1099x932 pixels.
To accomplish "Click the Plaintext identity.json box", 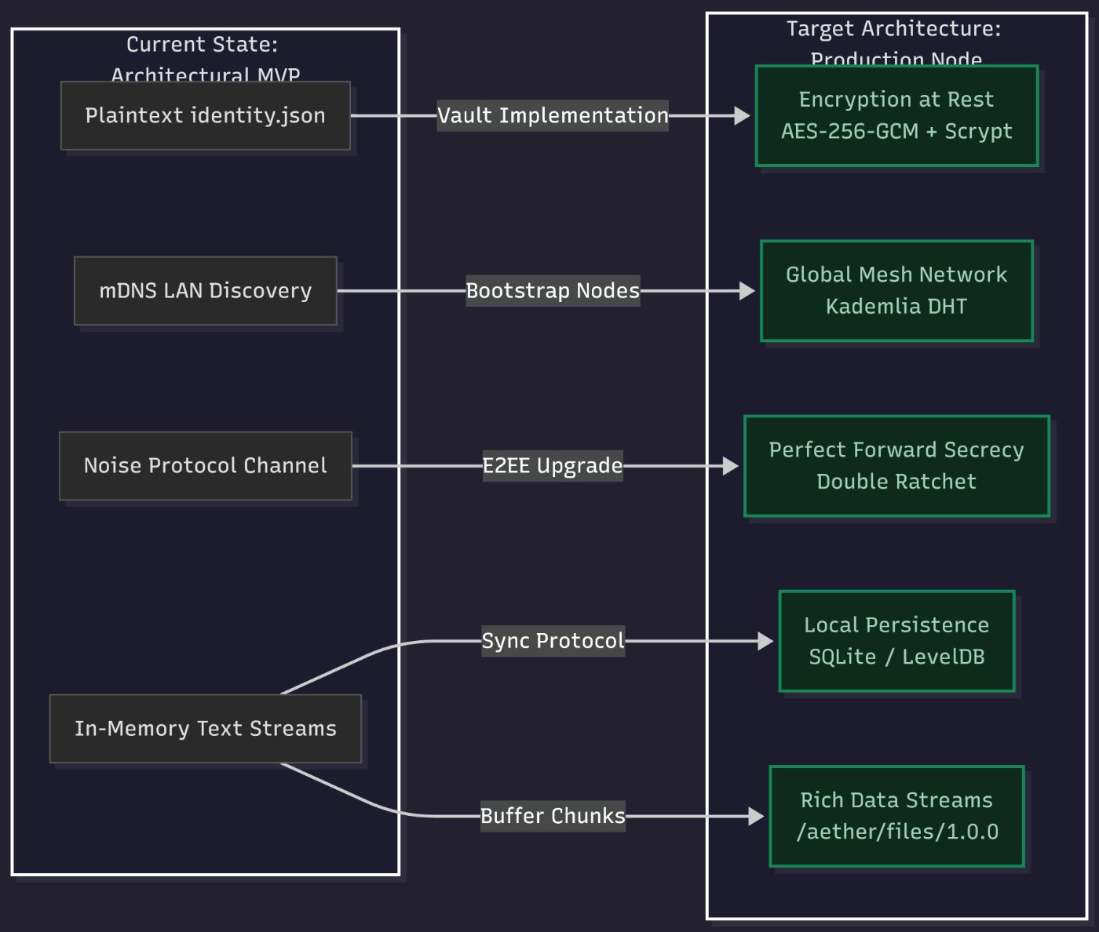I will (205, 115).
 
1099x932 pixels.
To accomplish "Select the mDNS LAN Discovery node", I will (205, 290).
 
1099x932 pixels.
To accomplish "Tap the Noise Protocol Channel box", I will (205, 465).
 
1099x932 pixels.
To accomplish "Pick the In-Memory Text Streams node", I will (205, 728).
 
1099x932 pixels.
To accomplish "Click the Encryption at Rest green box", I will (896, 115).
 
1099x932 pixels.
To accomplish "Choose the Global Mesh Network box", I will (896, 290).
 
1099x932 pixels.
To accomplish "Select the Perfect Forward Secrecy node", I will (896, 465).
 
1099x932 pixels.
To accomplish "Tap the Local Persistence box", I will (896, 640).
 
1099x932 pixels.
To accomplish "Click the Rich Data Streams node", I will (896, 816).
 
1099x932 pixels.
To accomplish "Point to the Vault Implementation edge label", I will (553, 115).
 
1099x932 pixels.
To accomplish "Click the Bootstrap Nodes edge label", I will (553, 290).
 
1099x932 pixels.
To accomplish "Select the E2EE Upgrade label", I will (553, 465).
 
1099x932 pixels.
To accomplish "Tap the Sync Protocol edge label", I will (553, 640).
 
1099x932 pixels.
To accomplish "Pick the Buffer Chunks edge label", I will (553, 816).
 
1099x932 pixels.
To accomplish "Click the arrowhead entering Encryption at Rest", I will (743, 115).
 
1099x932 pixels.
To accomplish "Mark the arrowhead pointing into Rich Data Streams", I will (756, 816).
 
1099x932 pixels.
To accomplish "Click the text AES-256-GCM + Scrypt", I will (896, 131).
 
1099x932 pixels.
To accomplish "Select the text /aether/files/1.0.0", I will (896, 832).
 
